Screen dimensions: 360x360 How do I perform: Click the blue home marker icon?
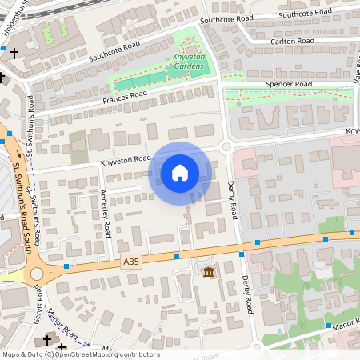[x=180, y=172]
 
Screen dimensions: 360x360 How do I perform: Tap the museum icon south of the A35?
[x=209, y=273]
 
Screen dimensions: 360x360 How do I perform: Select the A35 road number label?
[x=132, y=262]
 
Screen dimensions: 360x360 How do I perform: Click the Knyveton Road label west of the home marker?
[x=126, y=160]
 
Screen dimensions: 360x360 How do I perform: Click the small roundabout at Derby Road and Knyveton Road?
[x=226, y=146]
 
